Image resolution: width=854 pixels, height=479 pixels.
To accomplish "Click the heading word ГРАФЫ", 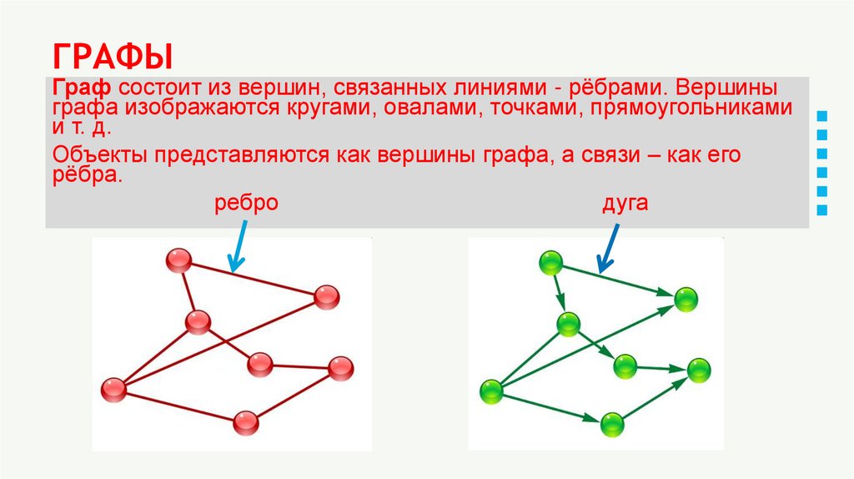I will [113, 58].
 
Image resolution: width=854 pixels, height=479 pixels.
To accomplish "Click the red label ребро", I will [245, 202].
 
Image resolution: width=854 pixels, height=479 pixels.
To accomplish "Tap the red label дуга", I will [625, 202].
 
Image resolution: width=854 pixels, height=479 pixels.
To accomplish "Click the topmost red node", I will [178, 261].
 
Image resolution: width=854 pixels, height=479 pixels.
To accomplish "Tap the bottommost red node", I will [245, 423].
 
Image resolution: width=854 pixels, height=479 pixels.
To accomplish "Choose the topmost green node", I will [551, 263].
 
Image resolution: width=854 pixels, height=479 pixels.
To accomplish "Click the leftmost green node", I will [492, 391].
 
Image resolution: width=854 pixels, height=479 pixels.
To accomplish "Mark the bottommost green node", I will [613, 424].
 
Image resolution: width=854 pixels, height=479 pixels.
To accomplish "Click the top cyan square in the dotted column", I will [822, 114].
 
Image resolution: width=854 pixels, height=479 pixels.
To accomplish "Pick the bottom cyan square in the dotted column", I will [822, 210].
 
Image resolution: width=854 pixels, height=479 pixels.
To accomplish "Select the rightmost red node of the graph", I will [341, 367].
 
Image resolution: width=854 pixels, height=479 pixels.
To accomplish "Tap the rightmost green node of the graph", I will [699, 371].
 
